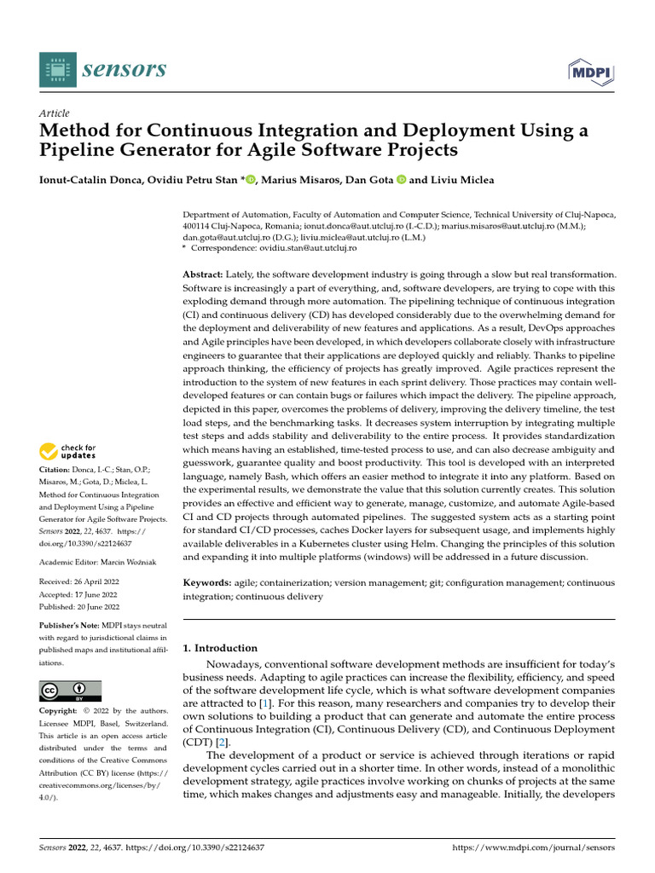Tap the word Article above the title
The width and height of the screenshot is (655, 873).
tap(55, 113)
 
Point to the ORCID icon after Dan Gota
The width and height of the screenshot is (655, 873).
tap(399, 180)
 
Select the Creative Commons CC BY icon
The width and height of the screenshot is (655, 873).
tap(70, 690)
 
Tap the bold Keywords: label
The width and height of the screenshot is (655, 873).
tap(207, 582)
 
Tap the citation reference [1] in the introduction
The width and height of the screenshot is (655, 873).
tap(266, 703)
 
